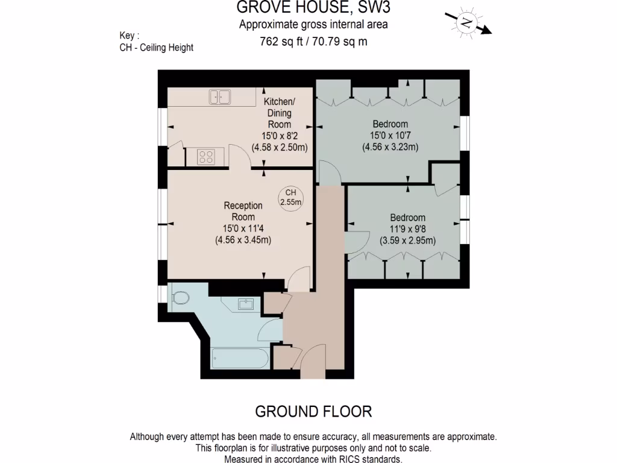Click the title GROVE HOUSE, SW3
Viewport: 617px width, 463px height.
tap(313, 8)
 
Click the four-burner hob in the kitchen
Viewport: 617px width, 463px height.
tap(206, 156)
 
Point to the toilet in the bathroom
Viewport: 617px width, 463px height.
tap(179, 298)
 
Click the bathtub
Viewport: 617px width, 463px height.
tap(239, 359)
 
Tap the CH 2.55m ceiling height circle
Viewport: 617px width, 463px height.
tap(290, 197)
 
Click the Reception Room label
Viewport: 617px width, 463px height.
tap(243, 211)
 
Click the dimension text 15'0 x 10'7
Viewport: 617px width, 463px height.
tap(390, 135)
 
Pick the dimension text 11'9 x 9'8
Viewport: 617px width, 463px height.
tap(407, 229)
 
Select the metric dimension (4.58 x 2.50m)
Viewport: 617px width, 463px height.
tap(280, 147)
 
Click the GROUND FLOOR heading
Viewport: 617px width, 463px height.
tap(313, 412)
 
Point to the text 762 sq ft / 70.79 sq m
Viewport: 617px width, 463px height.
tap(313, 42)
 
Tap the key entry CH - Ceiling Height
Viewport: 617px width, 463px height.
tap(157, 48)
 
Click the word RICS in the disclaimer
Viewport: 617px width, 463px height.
tap(330, 459)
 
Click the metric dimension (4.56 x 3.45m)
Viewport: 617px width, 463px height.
tap(243, 239)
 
